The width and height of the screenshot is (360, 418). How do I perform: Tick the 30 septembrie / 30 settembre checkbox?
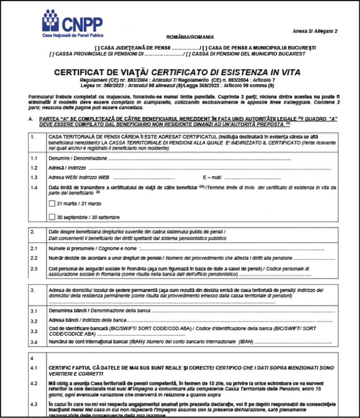(52, 217)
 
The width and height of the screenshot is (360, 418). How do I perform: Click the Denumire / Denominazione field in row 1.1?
(207, 158)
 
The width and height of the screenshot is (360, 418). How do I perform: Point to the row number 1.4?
(34, 187)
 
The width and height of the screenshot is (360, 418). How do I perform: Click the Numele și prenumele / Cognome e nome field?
(207, 249)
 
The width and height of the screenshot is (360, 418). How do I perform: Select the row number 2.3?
(34, 269)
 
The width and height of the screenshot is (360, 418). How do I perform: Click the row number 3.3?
(34, 331)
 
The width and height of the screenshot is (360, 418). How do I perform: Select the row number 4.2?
(34, 383)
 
